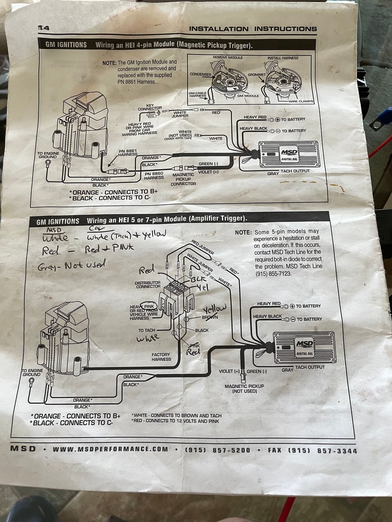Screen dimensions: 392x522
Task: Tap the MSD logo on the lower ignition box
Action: (x=304, y=344)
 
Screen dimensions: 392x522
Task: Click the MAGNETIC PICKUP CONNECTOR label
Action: (x=183, y=179)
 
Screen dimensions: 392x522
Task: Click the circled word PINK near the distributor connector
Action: (x=149, y=306)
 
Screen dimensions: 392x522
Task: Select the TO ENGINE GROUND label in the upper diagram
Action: (x=48, y=155)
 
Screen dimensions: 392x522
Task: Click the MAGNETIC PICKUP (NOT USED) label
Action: (x=244, y=388)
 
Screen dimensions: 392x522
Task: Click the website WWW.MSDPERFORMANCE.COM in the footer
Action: (x=110, y=449)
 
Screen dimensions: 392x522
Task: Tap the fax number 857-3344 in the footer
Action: (x=337, y=451)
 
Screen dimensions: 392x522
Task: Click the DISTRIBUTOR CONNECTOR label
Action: (x=148, y=285)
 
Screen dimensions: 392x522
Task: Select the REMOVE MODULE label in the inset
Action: (x=228, y=57)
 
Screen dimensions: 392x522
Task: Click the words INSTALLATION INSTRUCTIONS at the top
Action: (x=253, y=29)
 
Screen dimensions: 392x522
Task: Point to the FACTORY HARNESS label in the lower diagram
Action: (x=161, y=357)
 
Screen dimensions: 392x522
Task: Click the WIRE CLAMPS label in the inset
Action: (x=301, y=101)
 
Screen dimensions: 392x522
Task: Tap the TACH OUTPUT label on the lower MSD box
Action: (x=310, y=367)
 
